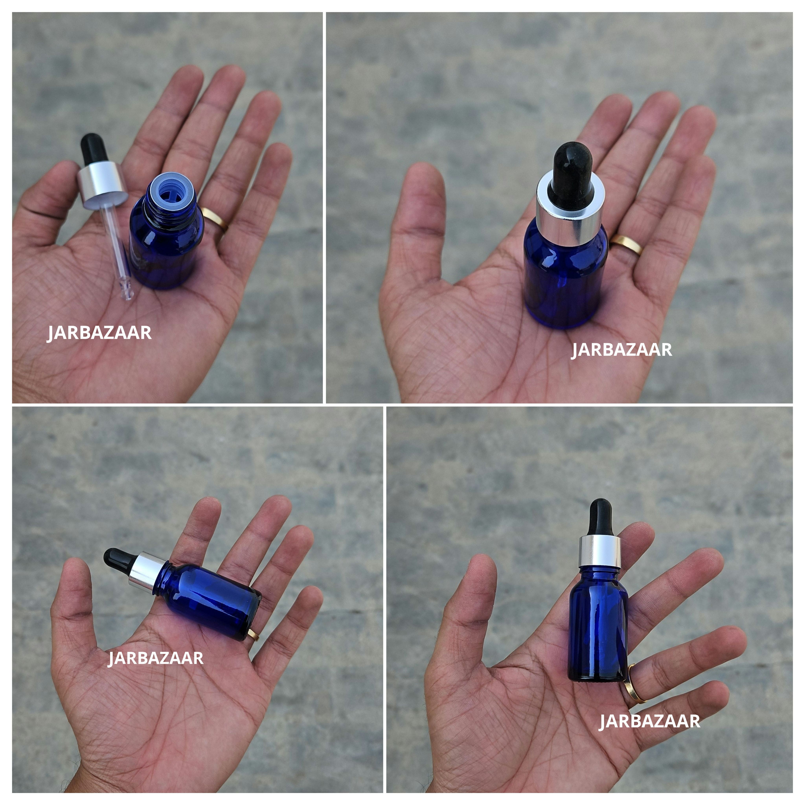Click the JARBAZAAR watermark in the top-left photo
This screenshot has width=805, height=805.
99,333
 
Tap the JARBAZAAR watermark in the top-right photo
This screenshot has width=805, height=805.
621,350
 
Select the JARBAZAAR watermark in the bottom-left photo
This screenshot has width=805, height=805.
155,658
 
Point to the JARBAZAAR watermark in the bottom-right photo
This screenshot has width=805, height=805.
649,721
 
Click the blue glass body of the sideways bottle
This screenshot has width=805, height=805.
212,596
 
